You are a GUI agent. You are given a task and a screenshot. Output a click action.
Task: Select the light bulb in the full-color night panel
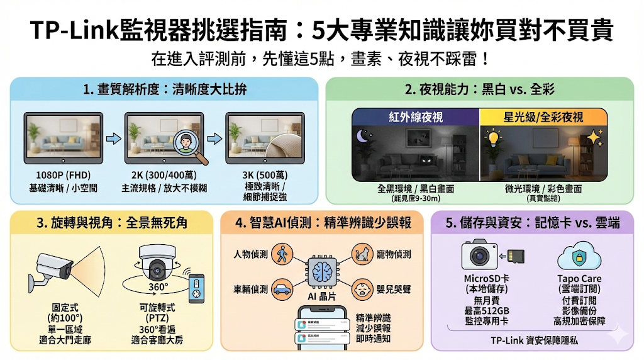[494, 137]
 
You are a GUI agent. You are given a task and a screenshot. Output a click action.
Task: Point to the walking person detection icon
[282, 254]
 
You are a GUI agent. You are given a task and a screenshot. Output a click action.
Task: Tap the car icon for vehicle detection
[282, 289]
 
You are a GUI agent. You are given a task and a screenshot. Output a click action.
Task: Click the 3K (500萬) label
[265, 176]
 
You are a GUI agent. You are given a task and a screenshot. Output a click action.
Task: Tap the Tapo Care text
[579, 278]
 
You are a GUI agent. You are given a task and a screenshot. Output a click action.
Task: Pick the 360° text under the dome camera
[158, 287]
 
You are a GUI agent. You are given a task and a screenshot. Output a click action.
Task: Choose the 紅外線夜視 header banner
[416, 117]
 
